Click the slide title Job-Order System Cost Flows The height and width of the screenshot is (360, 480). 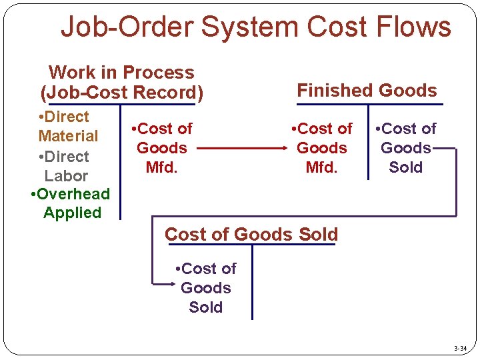click(255, 27)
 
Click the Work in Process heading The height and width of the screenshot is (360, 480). click(121, 72)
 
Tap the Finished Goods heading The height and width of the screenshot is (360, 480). click(367, 90)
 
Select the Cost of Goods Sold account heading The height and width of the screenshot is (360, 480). click(251, 234)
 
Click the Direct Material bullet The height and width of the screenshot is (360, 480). click(67, 126)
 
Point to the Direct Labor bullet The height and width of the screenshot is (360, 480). click(65, 166)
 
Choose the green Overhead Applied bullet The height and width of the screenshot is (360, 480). click(71, 203)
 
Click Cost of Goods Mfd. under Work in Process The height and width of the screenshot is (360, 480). click(162, 147)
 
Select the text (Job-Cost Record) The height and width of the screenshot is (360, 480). click(122, 93)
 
